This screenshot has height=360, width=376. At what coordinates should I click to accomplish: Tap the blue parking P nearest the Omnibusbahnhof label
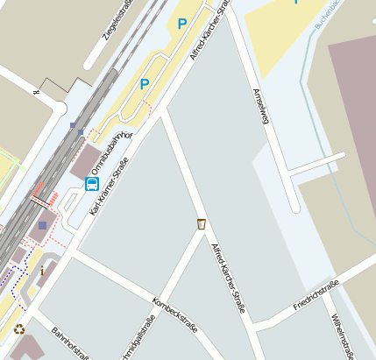[145, 84]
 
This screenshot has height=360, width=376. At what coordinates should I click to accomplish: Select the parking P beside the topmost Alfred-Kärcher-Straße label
[181, 25]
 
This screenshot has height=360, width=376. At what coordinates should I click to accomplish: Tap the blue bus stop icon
[92, 183]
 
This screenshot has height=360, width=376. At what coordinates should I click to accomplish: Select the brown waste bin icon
[202, 224]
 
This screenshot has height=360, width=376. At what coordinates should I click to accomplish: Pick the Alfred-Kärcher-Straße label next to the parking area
[209, 32]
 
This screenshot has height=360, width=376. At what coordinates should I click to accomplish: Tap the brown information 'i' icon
[41, 272]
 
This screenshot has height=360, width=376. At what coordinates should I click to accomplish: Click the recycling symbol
[19, 329]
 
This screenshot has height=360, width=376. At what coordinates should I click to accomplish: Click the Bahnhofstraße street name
[70, 344]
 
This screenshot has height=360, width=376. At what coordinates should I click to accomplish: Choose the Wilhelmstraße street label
[342, 336]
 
